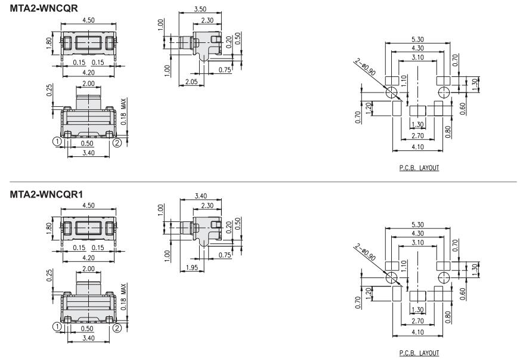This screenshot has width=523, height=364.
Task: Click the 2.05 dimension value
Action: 191,81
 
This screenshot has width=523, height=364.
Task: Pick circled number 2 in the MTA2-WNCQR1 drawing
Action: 117,327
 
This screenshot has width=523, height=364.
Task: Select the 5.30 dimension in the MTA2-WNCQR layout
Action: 417,41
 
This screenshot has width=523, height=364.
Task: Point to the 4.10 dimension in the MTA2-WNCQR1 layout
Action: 417,332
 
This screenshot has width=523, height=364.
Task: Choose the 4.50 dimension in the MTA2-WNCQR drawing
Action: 88,20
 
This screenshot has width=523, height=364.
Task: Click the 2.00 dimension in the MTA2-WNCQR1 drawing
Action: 88,269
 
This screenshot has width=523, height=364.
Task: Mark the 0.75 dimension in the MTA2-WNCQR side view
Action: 225,70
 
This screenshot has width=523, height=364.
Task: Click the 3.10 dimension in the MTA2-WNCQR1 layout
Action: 417,243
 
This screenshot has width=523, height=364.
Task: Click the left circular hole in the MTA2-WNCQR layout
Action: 392,92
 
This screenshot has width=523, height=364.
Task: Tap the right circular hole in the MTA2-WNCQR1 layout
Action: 443,277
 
